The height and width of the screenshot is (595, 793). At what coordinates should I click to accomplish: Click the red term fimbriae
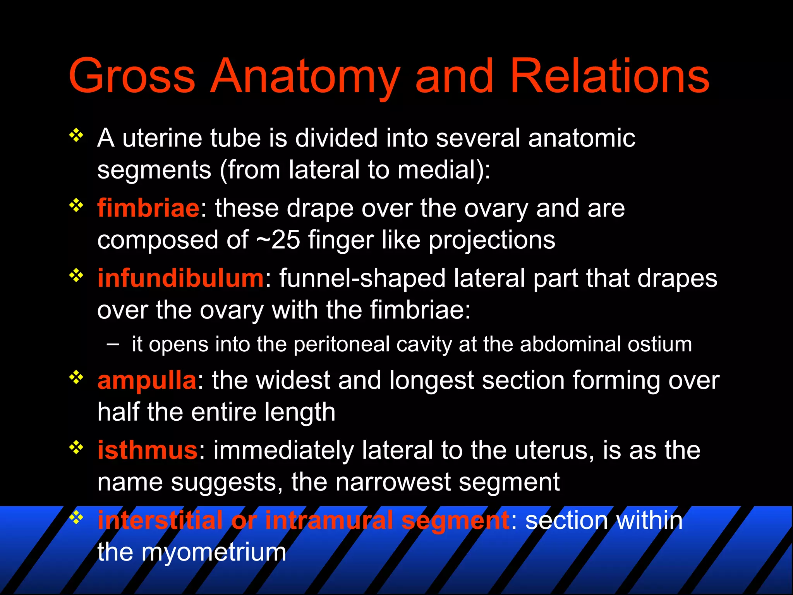pyautogui.click(x=148, y=208)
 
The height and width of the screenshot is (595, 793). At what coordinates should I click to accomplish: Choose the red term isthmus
pyautogui.click(x=148, y=450)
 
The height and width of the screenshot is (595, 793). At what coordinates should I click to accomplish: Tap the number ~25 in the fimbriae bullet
pyautogui.click(x=278, y=240)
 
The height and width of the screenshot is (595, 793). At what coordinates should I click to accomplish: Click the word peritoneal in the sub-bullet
pyautogui.click(x=342, y=344)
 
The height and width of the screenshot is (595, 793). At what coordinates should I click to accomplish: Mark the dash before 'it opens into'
pyautogui.click(x=113, y=344)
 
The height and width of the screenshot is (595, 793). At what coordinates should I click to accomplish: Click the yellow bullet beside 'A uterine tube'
pyautogui.click(x=76, y=135)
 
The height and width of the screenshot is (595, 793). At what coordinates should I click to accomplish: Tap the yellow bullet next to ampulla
pyautogui.click(x=76, y=377)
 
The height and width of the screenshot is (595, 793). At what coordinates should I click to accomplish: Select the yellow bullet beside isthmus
pyautogui.click(x=76, y=447)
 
